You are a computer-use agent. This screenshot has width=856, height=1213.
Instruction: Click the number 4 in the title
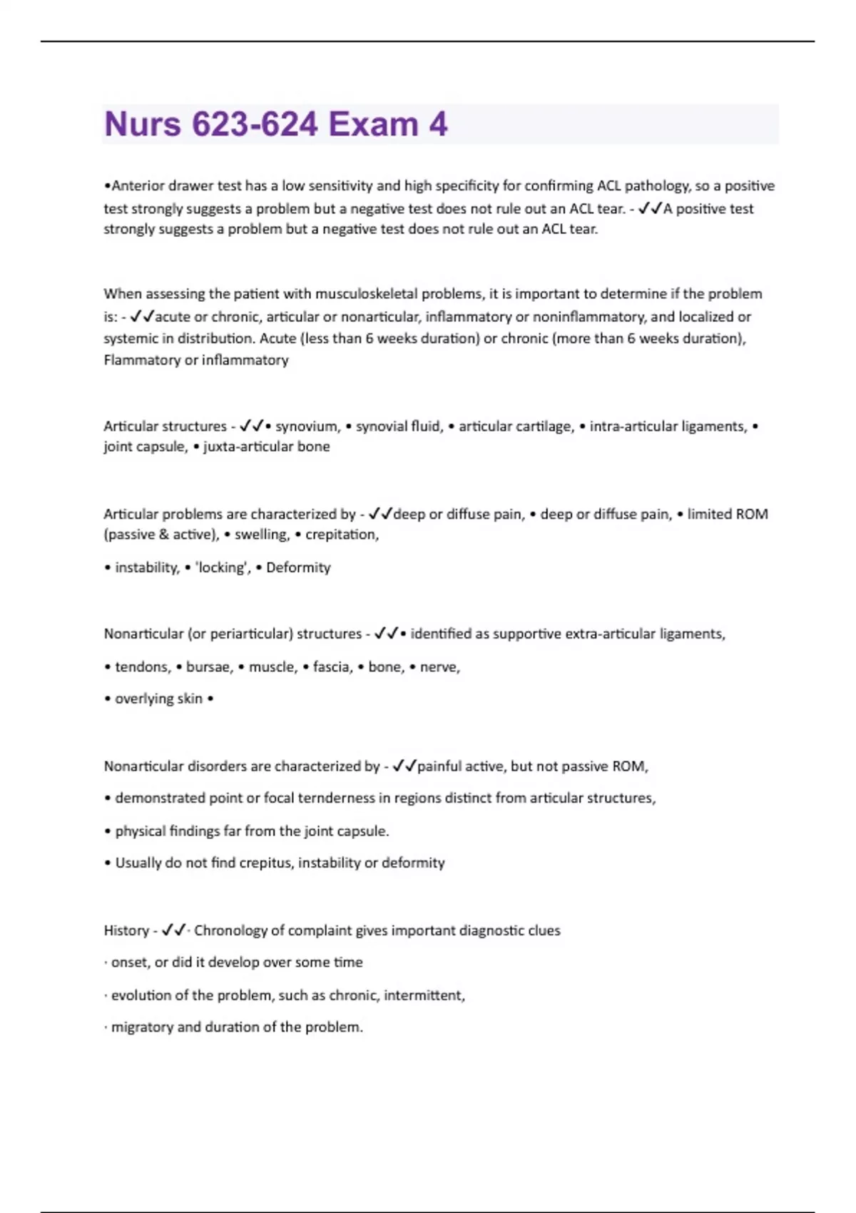click(x=438, y=124)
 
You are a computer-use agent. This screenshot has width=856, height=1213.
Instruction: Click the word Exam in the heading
click(x=373, y=124)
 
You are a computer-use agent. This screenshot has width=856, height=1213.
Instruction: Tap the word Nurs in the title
click(x=143, y=124)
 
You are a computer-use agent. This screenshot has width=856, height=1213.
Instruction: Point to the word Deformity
click(x=298, y=568)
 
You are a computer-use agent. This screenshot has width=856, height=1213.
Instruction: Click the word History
click(x=126, y=931)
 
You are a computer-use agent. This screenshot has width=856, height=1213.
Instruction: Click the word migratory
click(x=142, y=1027)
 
